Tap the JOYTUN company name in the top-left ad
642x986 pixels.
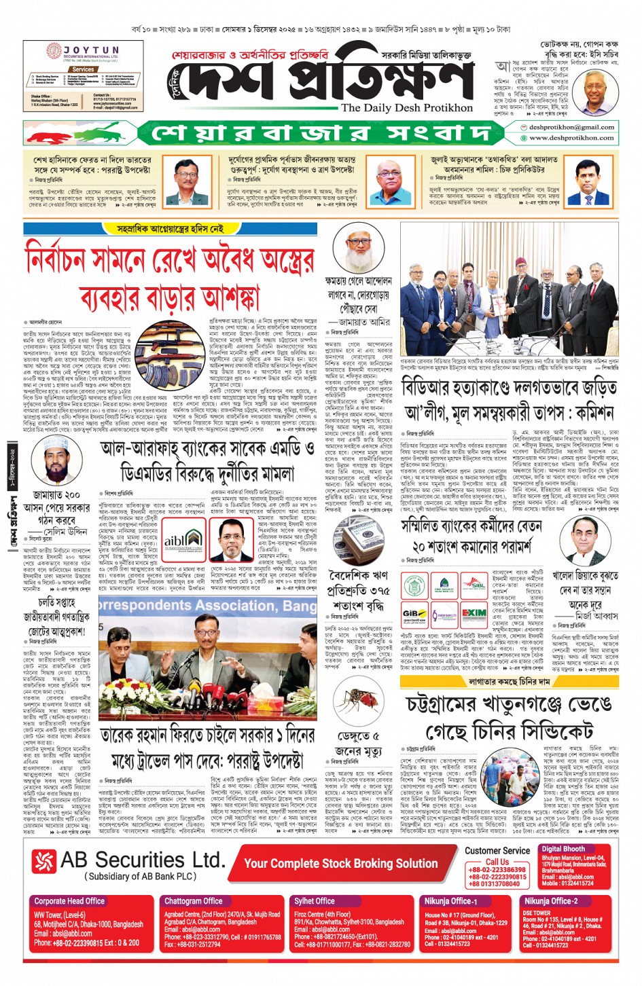tap(91, 50)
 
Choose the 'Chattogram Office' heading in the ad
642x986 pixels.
tap(193, 901)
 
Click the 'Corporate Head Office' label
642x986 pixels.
tap(69, 901)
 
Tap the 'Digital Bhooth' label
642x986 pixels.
tap(563, 849)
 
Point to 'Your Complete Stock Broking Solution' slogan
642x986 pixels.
tap(340, 863)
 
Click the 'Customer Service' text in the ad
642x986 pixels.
tap(497, 850)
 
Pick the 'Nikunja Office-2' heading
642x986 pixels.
tap(550, 901)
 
